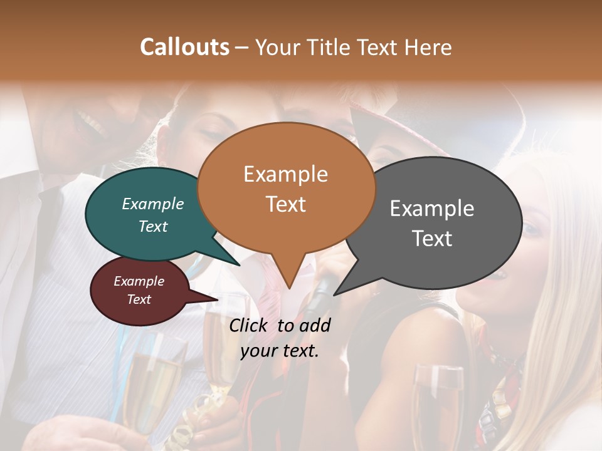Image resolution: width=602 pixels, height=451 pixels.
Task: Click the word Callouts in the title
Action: click(x=184, y=47)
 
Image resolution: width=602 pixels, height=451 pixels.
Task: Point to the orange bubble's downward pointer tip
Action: click(x=289, y=288)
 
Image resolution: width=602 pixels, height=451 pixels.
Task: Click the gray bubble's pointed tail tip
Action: click(x=335, y=294)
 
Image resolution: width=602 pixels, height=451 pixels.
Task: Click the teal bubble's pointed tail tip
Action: click(x=239, y=265)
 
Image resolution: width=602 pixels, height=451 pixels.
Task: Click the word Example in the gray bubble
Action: click(x=432, y=208)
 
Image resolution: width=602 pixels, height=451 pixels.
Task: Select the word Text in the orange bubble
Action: click(x=286, y=204)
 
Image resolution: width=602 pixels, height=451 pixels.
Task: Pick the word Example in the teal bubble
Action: click(x=153, y=204)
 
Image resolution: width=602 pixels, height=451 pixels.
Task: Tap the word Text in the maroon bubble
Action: click(x=139, y=299)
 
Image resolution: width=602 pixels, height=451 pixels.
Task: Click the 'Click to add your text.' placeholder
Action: click(x=280, y=338)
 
